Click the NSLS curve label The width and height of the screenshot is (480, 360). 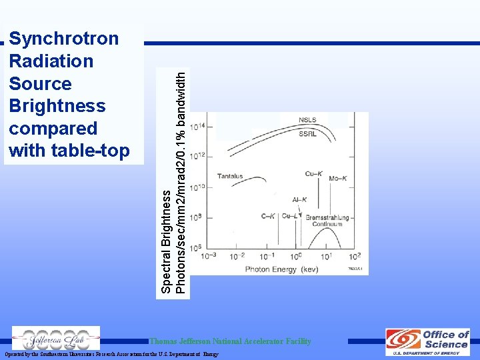[307, 121]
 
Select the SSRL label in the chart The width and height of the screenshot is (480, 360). [307, 133]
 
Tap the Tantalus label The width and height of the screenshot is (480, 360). [230, 177]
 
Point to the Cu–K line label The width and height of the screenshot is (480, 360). [314, 174]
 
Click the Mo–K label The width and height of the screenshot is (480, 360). [338, 179]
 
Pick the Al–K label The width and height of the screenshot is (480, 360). [299, 199]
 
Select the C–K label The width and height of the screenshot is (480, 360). [268, 216]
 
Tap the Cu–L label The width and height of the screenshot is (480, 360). [290, 216]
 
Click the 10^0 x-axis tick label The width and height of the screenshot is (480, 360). [296, 256]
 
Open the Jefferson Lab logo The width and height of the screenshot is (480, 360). [56, 338]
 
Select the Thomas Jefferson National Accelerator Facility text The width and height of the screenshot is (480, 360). [231, 341]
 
